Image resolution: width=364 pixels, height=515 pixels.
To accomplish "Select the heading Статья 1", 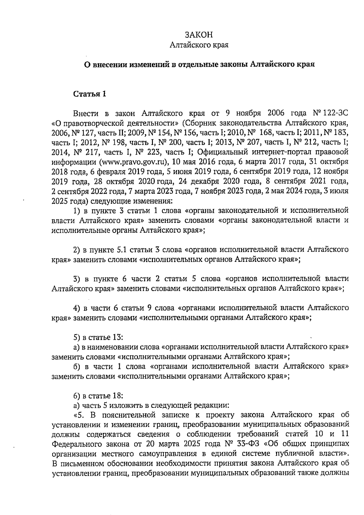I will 90,94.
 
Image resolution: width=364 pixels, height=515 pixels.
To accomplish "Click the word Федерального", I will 77,444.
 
